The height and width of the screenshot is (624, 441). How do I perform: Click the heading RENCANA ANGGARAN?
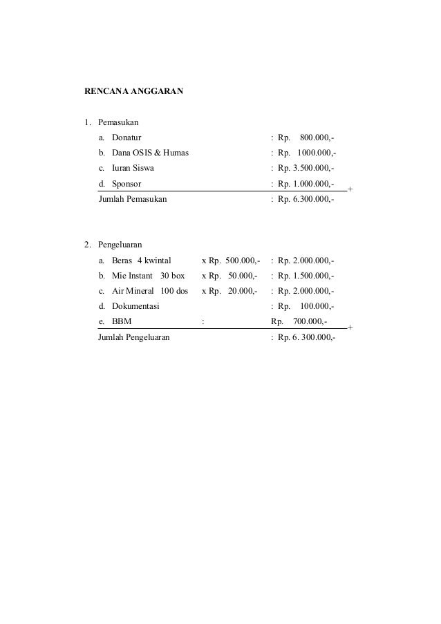pos(133,91)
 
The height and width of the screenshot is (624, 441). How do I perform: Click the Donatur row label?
pos(127,138)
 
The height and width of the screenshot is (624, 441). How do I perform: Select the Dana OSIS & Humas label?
pos(151,153)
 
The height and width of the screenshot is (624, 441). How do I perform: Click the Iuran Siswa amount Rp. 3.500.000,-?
pos(306,169)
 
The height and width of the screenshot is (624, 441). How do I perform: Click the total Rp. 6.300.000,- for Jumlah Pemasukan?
pos(306,199)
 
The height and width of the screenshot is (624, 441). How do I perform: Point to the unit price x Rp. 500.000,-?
pos(231,261)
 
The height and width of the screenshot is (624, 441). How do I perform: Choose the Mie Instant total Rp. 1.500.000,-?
pos(306,276)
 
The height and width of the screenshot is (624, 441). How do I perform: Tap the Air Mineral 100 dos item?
pos(150,291)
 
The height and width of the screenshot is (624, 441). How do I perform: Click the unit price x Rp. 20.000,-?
pos(231,291)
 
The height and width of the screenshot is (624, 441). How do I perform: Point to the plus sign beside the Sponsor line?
pos(350,189)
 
